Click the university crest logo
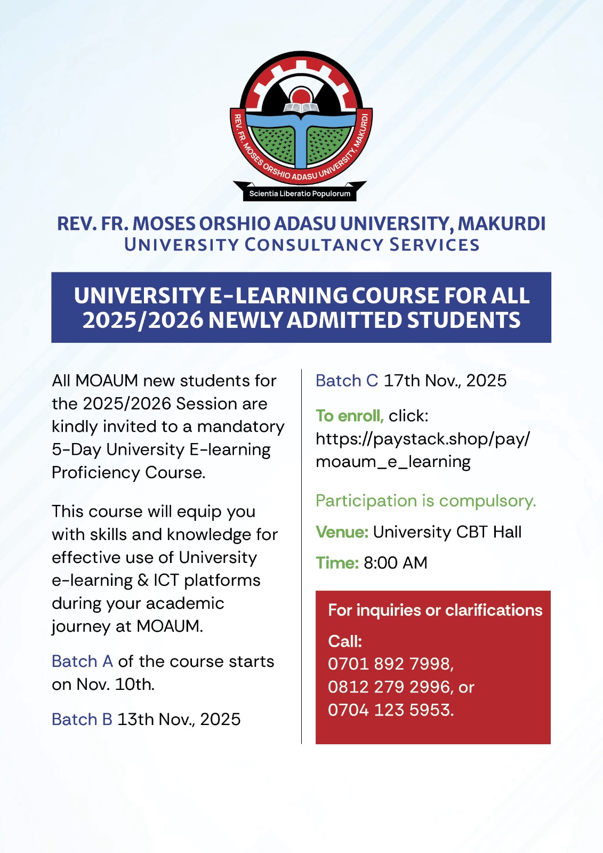coord(301,120)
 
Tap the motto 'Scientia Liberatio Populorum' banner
coord(300,194)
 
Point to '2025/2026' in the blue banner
coord(142,320)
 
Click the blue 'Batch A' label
coord(82,662)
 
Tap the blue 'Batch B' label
coord(82,720)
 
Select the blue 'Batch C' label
coord(347,381)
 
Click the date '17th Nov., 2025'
coord(445,381)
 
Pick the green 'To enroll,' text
coord(349,416)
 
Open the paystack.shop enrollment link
coord(422,450)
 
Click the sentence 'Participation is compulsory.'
coord(425,501)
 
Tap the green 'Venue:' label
coord(342,532)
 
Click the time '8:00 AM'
coord(395,563)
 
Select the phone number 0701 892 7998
coord(390,664)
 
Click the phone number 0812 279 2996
coord(390,687)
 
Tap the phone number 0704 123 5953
coord(390,710)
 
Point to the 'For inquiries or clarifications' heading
coord(435,610)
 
